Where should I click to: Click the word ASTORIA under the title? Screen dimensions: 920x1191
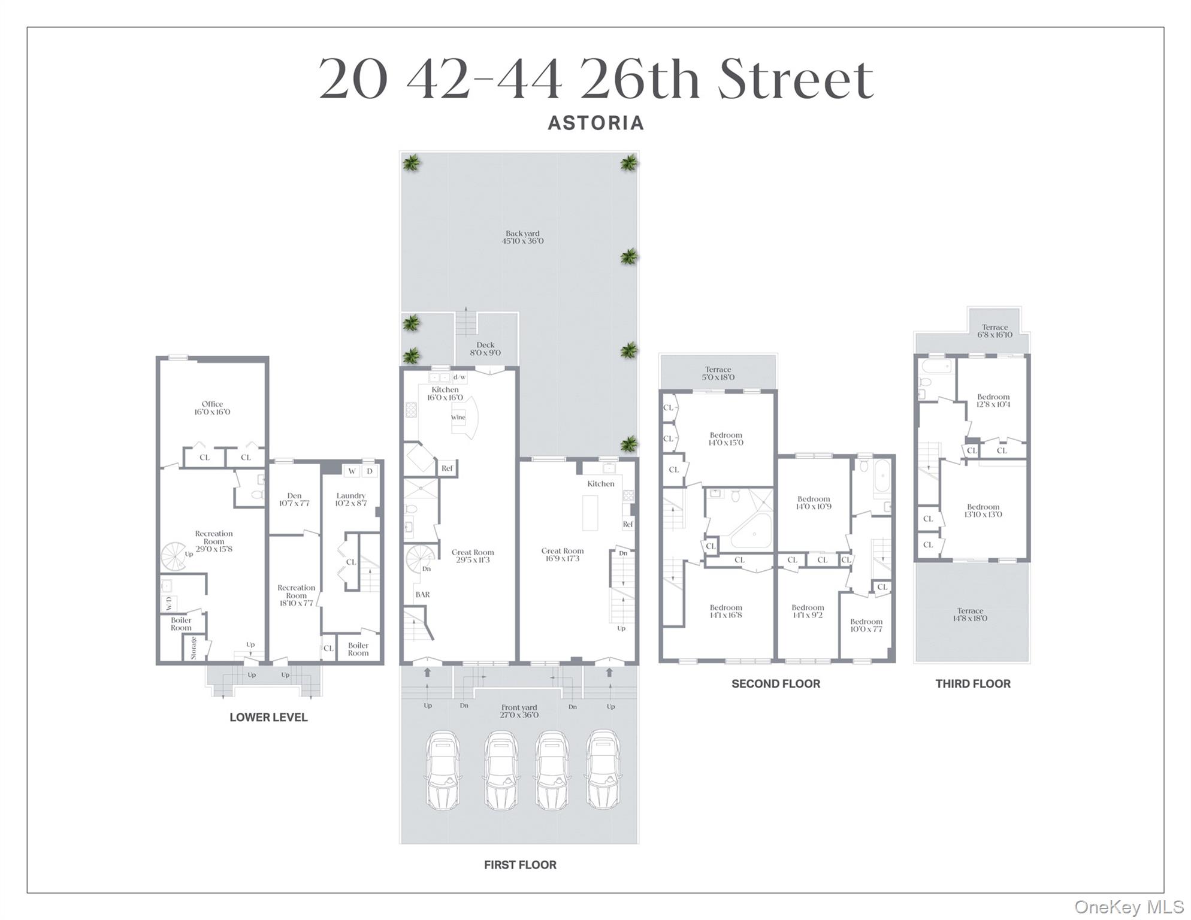coord(595,123)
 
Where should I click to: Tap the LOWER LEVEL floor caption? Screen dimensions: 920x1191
coord(268,717)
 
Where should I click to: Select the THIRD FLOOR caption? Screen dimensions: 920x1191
coord(972,683)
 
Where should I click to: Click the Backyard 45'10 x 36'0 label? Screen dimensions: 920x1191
coord(522,237)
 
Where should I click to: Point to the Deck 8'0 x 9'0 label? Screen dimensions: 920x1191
coord(485,349)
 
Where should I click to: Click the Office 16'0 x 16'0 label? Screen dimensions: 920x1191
coord(212,408)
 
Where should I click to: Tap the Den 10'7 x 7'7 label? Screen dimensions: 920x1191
coord(294,500)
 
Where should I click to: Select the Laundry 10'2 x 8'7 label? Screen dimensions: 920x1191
coord(350,500)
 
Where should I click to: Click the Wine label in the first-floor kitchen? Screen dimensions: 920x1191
coord(458,417)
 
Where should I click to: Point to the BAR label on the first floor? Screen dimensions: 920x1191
coord(422,595)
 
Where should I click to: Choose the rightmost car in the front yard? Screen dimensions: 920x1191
coord(603,770)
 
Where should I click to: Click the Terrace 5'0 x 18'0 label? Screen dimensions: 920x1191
coord(718,373)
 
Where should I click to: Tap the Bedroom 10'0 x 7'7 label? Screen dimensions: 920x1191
coord(866,625)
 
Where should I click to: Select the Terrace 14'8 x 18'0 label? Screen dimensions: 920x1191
coord(970,615)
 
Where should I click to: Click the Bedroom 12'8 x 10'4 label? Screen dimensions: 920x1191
coord(993,400)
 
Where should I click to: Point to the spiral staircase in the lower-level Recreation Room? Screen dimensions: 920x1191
coord(174,556)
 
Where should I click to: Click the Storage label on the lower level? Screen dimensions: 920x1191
coord(194,647)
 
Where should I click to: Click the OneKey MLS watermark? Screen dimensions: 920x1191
coord(1129,907)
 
